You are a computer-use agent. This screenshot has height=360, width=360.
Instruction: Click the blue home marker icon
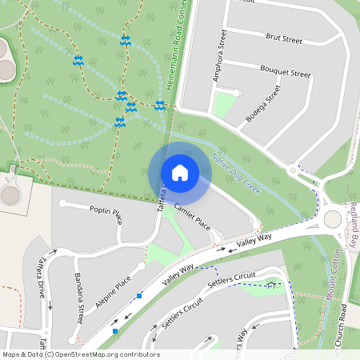[x=179, y=172]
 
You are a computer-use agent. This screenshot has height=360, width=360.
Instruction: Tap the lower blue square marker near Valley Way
[x=116, y=330]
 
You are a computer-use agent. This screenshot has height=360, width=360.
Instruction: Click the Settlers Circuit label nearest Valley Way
[x=232, y=279]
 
